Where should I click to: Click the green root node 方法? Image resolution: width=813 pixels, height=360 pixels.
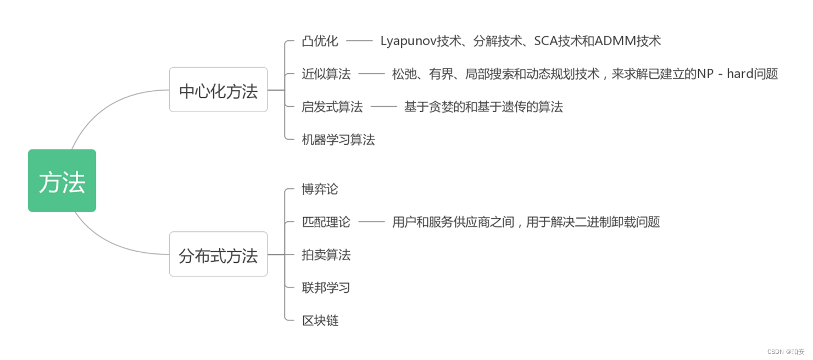(x=62, y=180)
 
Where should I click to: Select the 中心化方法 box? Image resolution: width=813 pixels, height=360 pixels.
(x=218, y=90)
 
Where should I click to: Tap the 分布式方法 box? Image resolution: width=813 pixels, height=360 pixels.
(x=218, y=254)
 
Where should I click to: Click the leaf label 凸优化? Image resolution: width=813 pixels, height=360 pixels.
(x=320, y=41)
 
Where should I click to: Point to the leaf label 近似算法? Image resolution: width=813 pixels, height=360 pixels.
(x=326, y=74)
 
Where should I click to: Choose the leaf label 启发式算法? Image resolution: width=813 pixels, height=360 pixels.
(x=332, y=107)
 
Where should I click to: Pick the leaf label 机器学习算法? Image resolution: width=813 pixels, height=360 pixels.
(x=338, y=140)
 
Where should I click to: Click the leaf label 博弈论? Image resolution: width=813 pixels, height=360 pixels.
(x=320, y=190)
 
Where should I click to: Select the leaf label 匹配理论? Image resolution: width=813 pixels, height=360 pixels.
(x=326, y=222)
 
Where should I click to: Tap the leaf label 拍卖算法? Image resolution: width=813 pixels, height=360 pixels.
(x=326, y=255)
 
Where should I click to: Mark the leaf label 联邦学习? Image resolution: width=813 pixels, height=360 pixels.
(x=326, y=287)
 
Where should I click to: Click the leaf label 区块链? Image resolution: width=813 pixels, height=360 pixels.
(x=320, y=320)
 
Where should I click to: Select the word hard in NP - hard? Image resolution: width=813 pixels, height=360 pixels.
(x=741, y=74)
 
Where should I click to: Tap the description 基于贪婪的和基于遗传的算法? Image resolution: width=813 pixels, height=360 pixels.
(x=483, y=107)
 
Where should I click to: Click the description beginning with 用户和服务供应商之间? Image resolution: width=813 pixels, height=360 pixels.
(x=526, y=222)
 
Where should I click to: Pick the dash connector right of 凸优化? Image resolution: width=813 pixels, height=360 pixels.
(x=359, y=41)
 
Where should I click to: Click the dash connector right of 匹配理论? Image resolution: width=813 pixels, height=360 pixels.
(x=371, y=222)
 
